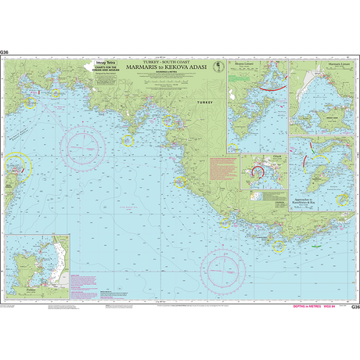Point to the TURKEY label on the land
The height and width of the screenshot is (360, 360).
204,102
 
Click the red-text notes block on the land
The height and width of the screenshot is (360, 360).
223,168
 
